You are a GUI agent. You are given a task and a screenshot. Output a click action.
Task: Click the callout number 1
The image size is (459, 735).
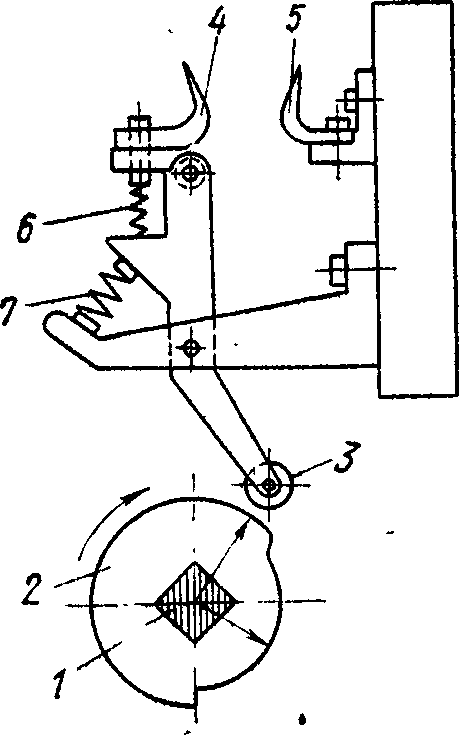(60, 684)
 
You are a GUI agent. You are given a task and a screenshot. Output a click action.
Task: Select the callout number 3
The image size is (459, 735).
(346, 459)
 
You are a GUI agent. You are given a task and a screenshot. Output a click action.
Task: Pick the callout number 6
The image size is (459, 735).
(26, 226)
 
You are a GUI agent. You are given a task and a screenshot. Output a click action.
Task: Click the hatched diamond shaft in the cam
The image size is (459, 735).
(196, 602)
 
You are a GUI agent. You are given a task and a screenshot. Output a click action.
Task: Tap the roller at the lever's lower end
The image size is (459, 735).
(269, 485)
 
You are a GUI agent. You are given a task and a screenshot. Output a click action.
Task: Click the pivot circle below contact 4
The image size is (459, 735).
(190, 172)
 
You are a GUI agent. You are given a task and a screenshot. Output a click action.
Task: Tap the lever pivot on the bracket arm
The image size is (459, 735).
(191, 348)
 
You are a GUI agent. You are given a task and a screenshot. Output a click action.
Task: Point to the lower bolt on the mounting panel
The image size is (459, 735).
(339, 270)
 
